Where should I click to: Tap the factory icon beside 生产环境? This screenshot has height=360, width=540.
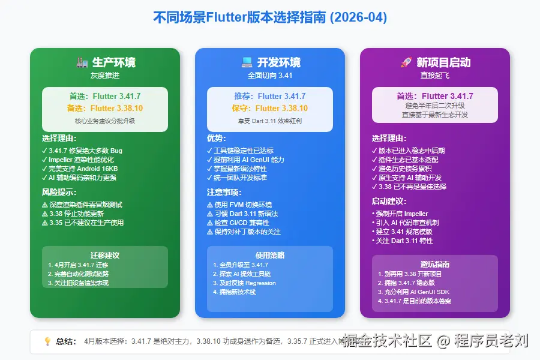pos(83,62)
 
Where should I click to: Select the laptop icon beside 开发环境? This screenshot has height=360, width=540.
pos(247,62)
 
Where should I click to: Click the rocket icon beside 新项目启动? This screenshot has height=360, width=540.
pos(406,62)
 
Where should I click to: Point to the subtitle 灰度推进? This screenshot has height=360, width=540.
pos(105,76)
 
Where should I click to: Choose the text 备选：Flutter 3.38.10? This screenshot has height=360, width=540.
pos(105,109)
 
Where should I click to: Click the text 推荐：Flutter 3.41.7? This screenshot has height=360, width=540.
pos(270,96)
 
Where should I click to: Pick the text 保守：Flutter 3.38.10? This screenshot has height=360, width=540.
pos(270,109)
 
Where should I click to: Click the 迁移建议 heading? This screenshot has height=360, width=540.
pos(105,254)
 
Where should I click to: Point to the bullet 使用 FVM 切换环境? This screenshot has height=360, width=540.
pos(239,205)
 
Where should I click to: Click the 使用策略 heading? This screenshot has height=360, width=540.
pos(270,255)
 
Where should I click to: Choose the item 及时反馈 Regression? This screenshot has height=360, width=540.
pos(244,283)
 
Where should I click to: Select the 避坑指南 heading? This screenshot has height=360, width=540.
pos(435,264)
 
